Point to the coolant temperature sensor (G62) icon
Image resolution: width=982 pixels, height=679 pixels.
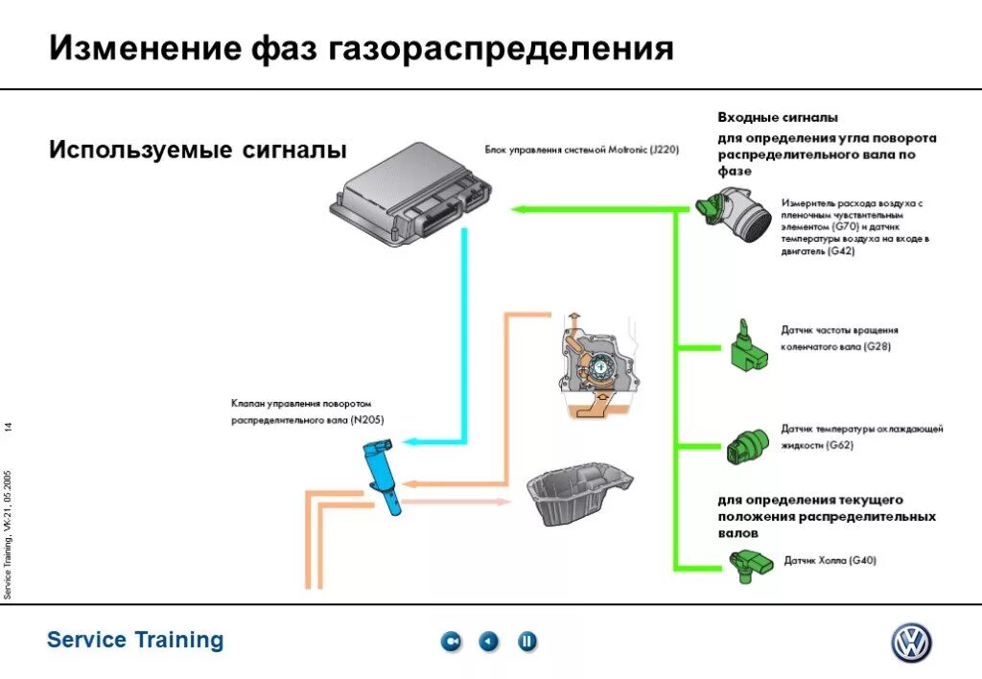pos(747,443)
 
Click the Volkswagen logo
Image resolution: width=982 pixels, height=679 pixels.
pos(910,643)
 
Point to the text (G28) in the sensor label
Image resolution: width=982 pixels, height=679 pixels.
pos(877,347)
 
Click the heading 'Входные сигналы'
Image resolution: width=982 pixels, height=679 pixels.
pos(778,117)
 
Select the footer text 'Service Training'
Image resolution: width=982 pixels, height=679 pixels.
pos(135,640)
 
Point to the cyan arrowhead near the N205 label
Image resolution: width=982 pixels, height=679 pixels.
pos(408,441)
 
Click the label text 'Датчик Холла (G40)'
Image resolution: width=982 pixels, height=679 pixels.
pos(830,560)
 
